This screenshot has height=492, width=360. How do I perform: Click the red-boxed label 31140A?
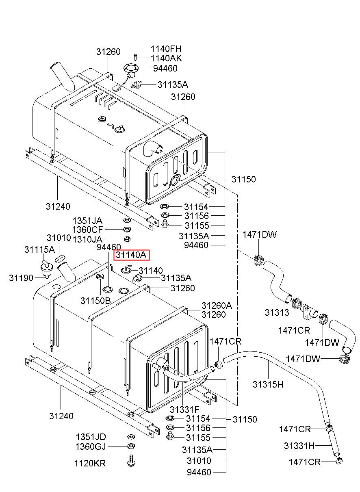tap(131, 255)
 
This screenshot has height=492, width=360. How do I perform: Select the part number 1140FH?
tap(166, 49)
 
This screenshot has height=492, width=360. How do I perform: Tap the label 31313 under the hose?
tap(277, 312)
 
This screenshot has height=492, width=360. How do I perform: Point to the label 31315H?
tap(268, 384)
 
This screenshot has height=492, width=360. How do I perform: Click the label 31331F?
tap(184, 410)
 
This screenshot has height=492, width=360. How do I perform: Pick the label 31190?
tap(21, 278)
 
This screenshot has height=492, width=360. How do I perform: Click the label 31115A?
tap(39, 249)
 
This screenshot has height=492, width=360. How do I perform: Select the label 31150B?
tap(95, 301)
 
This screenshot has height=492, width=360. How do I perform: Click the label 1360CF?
tap(88, 230)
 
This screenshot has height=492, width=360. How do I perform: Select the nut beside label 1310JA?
tap(127, 239)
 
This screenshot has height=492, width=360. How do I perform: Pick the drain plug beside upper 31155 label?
tap(165, 224)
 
